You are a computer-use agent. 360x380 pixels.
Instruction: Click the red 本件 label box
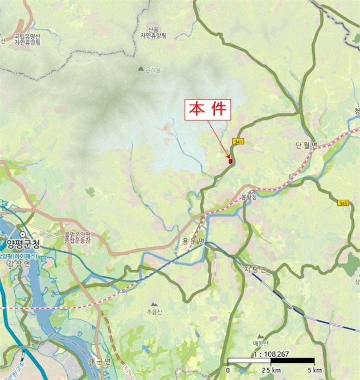click(210, 110)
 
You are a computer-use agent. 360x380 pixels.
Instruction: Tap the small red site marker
click(230, 161)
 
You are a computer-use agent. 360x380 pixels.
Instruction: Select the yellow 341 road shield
click(237, 141)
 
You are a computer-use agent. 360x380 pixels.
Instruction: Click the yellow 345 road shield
click(343, 203)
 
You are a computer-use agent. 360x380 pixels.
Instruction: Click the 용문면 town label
click(193, 241)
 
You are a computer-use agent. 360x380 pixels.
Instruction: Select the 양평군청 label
click(21, 243)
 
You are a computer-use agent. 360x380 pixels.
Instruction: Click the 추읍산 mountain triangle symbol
click(154, 305)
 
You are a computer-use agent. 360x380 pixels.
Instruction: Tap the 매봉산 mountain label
click(261, 343)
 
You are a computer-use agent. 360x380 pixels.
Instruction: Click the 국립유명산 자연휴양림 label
click(28, 37)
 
